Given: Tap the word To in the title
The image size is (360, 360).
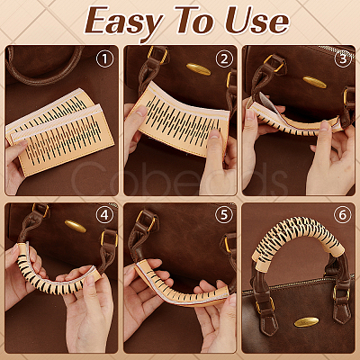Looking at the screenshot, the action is [x=194, y=20].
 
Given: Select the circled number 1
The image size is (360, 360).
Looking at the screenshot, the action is [x=104, y=59].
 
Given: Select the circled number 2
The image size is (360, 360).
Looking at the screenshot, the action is [x=224, y=59].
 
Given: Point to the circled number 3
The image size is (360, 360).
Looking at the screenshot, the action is [x=343, y=59].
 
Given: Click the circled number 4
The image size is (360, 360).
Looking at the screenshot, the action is [x=104, y=214].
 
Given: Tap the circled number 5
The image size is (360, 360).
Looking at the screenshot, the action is [x=224, y=214].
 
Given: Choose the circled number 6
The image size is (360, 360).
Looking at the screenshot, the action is [x=343, y=214].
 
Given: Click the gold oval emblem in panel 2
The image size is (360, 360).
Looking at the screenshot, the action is [x=199, y=69].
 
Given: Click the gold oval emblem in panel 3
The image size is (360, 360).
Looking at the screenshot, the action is [x=314, y=82].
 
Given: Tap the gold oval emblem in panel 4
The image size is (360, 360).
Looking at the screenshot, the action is [x=76, y=226].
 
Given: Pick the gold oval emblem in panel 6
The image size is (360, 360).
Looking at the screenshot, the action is [x=306, y=322].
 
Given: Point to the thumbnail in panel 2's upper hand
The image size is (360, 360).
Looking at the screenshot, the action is [x=141, y=112].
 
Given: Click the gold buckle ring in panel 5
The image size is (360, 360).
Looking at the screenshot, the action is [x=145, y=222].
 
